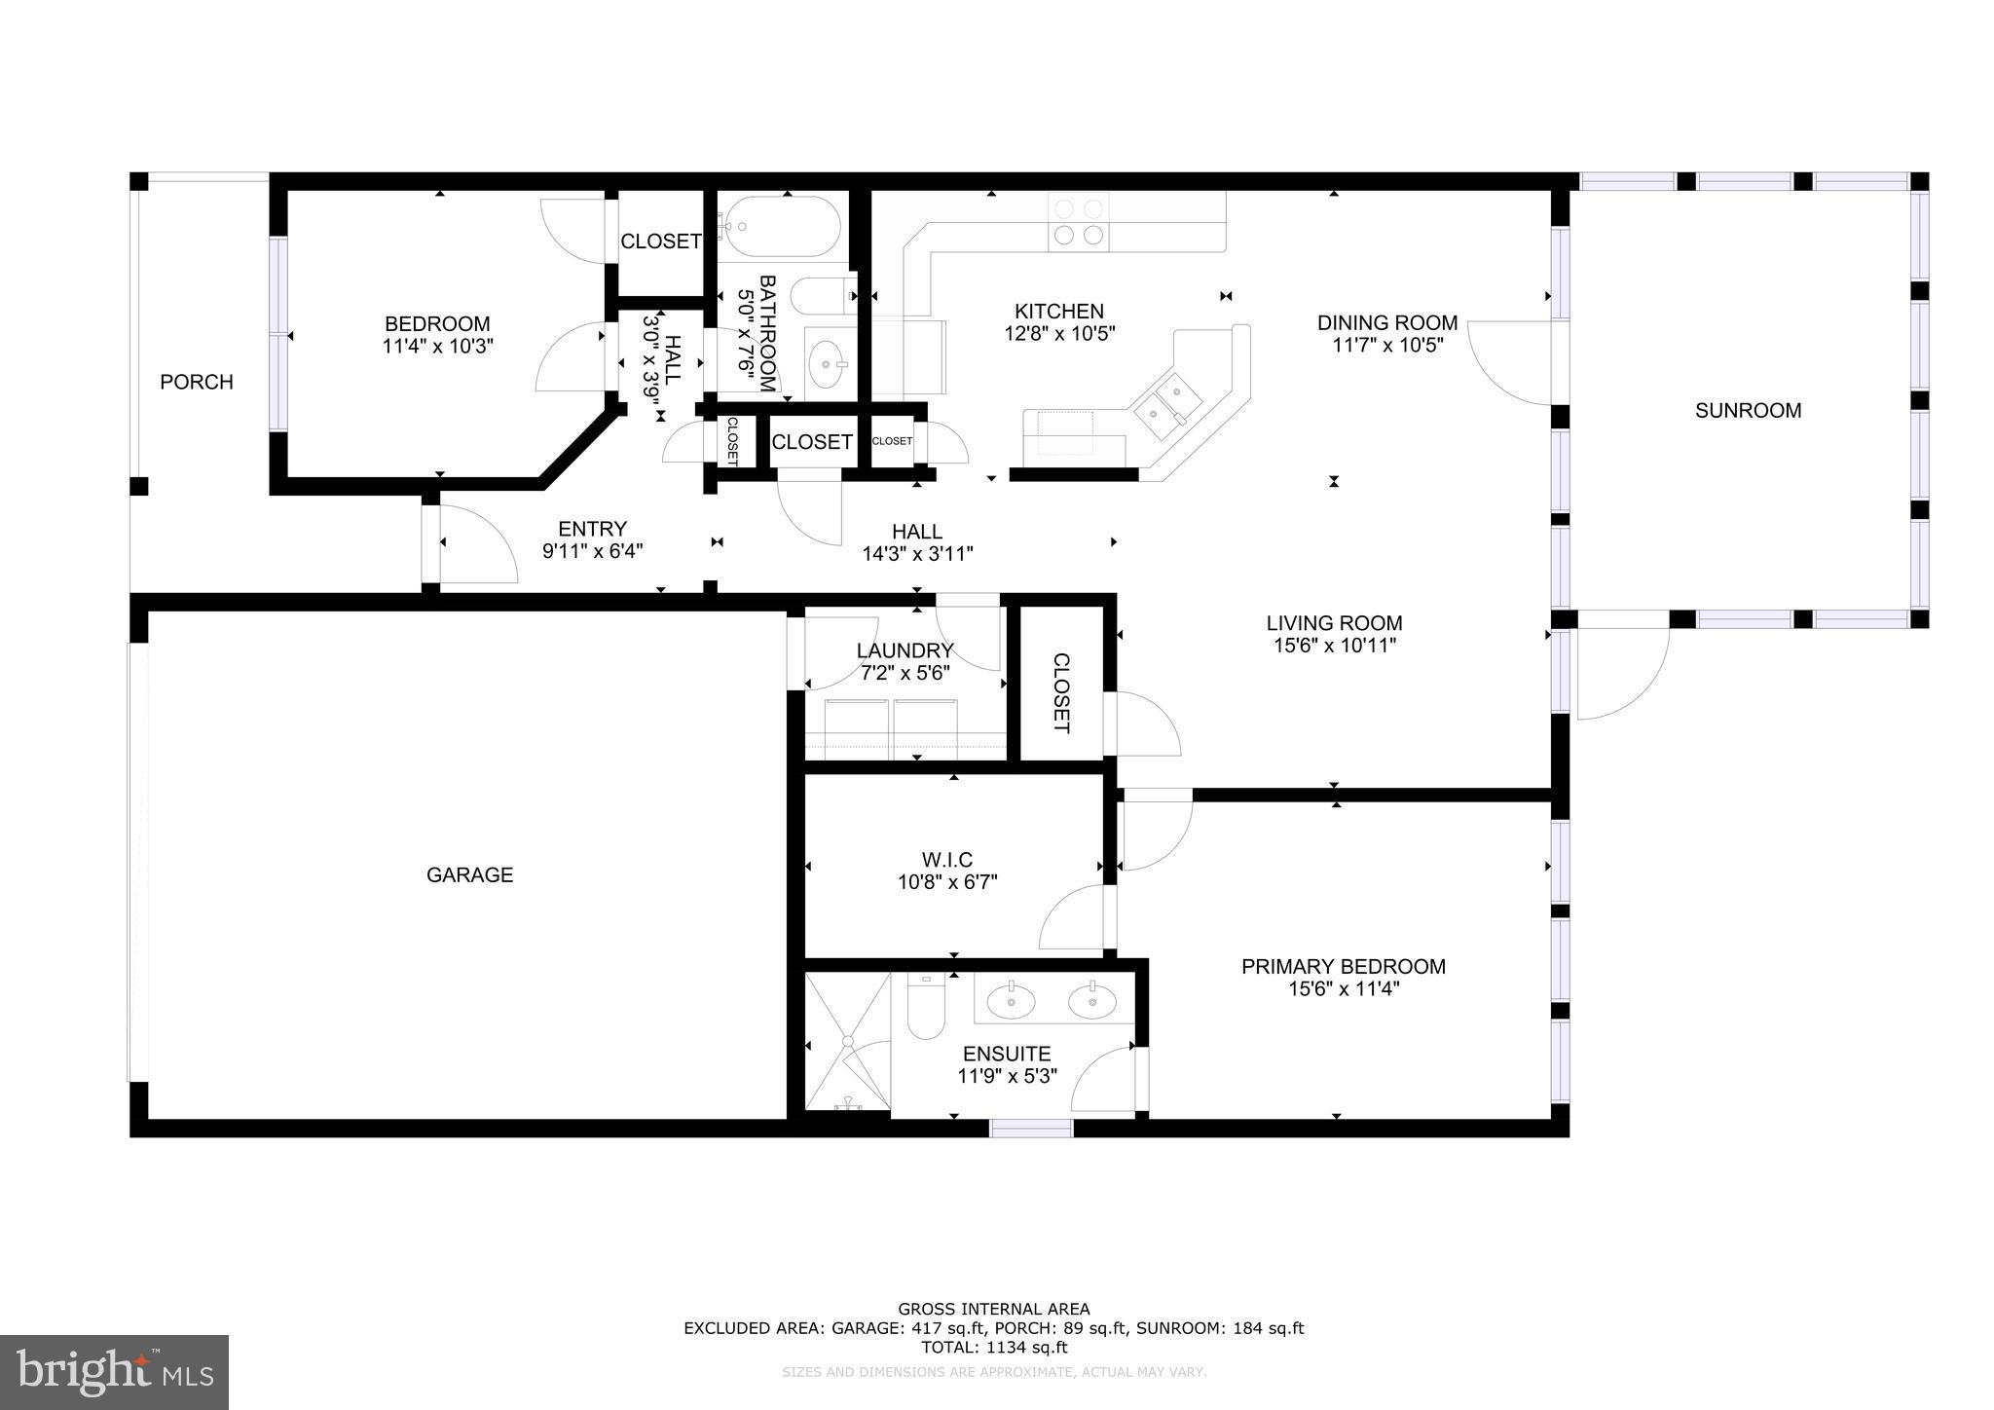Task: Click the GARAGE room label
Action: (469, 875)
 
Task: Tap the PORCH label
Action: (197, 383)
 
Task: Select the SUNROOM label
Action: (1748, 411)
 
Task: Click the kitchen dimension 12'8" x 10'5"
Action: (1059, 333)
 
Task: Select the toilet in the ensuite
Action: (926, 1008)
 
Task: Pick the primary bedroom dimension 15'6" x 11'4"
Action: (1343, 989)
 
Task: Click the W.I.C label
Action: (946, 860)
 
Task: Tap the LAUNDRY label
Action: (905, 650)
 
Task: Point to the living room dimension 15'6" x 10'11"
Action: (1335, 645)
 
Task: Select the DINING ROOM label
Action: (1386, 323)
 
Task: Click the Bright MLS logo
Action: (114, 1373)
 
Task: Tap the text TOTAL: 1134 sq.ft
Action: (993, 1348)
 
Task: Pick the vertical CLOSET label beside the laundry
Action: (1061, 693)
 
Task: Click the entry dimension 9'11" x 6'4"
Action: (592, 551)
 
